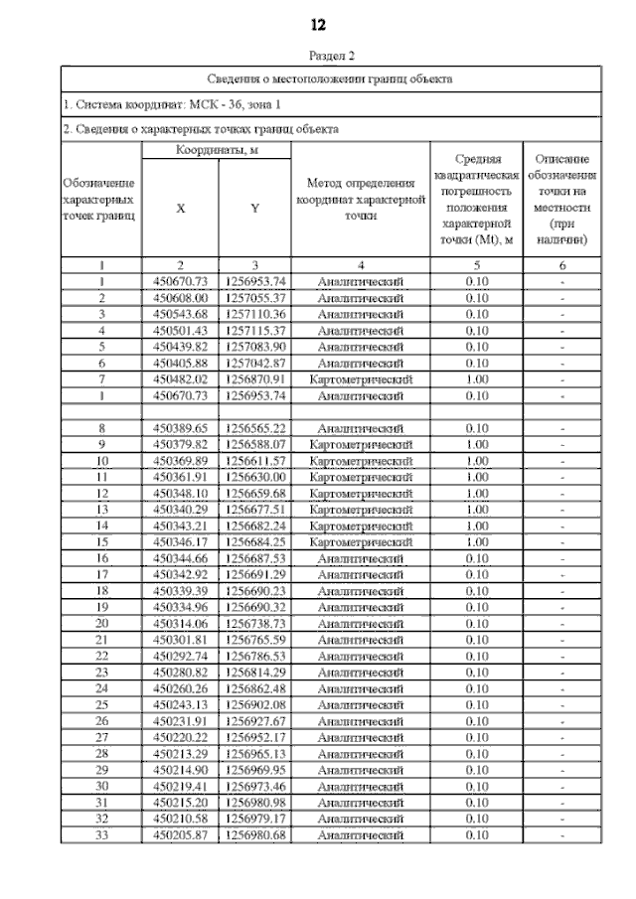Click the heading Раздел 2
(318, 57)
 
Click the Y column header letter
(254, 209)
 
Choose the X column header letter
(180, 209)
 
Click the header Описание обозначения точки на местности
(562, 200)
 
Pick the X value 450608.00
(180, 297)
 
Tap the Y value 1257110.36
(254, 313)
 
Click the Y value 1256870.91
(254, 378)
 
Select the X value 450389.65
(180, 427)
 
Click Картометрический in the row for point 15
(360, 541)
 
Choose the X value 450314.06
(180, 623)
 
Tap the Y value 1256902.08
(254, 704)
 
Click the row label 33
(101, 834)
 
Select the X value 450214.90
(180, 769)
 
